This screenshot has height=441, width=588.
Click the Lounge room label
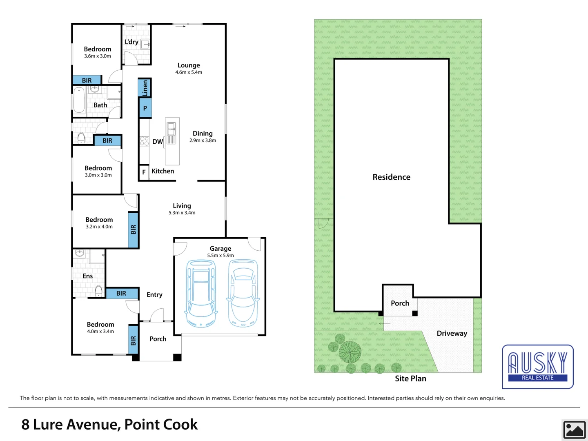[x=189, y=65]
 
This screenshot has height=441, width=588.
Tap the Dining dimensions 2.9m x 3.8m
[x=203, y=140]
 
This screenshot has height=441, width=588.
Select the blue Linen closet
[x=145, y=88]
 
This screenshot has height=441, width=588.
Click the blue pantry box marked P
[x=145, y=108]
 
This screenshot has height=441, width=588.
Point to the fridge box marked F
[x=144, y=172]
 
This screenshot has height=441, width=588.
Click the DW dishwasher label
[x=158, y=142]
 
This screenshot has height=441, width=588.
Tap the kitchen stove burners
[x=144, y=141]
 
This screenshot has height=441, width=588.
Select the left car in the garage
[x=201, y=293]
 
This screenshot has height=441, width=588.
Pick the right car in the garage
[x=243, y=293]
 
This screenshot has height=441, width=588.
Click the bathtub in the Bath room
[x=79, y=100]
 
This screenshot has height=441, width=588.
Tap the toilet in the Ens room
[x=99, y=291]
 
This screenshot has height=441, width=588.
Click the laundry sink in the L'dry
[x=145, y=44]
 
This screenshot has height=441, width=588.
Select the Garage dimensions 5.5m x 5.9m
[x=220, y=256]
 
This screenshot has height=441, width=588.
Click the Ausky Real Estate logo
[x=537, y=366]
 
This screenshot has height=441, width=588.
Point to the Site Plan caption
[x=410, y=379]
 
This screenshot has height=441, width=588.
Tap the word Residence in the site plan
[x=391, y=177]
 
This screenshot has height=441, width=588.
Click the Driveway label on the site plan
[x=452, y=334]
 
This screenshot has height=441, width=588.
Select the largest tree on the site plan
[x=350, y=352]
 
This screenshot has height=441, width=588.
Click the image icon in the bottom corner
[x=574, y=430]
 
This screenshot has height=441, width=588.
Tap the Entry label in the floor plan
[x=154, y=295]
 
